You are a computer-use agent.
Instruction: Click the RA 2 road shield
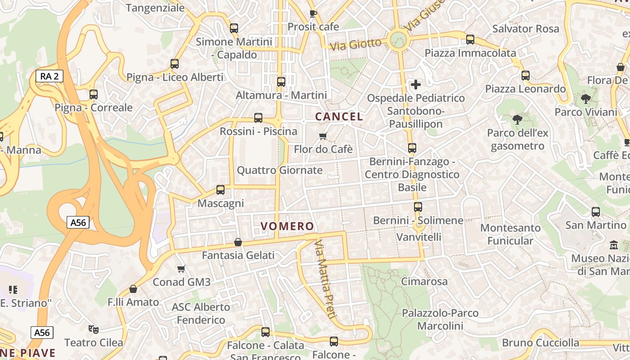click(x=49, y=76)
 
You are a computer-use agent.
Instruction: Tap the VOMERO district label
click(x=288, y=226)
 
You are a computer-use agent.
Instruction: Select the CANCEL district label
click(x=339, y=117)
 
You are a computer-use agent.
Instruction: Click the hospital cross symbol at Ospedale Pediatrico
click(x=416, y=84)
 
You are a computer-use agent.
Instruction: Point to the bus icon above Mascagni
click(x=220, y=190)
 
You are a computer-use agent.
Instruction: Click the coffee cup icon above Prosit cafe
click(x=313, y=13)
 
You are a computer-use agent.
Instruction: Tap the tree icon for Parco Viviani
click(x=585, y=99)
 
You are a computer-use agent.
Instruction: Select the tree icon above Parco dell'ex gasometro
click(x=517, y=120)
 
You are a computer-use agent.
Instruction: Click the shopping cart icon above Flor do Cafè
click(x=323, y=136)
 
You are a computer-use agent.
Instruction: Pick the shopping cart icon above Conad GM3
click(x=181, y=269)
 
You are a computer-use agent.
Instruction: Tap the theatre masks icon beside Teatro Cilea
click(x=94, y=329)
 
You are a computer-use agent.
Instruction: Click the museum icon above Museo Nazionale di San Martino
click(x=614, y=245)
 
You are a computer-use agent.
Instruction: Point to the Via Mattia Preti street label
click(x=325, y=279)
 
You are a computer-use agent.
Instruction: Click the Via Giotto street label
click(x=355, y=45)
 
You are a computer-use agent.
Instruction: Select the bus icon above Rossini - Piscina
click(x=258, y=118)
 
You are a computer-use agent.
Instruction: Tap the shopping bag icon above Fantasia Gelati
click(x=238, y=243)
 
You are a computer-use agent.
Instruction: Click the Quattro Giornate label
click(x=279, y=170)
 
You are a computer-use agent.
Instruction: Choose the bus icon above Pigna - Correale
click(x=94, y=94)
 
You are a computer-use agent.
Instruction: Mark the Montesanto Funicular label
click(x=510, y=234)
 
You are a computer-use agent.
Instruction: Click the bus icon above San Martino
click(x=596, y=211)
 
